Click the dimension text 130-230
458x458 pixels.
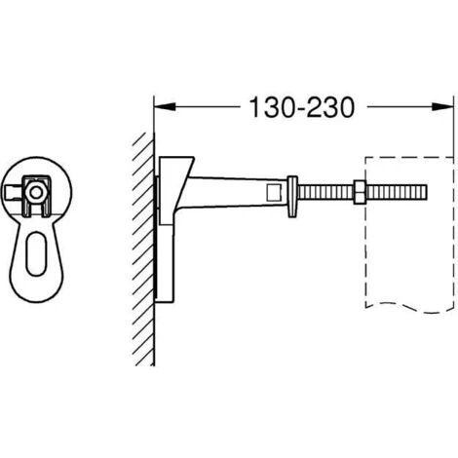tap(301, 107)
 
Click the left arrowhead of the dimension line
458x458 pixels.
tap(165, 106)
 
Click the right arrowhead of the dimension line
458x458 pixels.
tap(442, 106)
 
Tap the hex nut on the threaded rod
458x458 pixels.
tap(360, 192)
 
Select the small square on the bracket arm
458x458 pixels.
tap(273, 192)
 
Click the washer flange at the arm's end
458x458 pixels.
tap(292, 196)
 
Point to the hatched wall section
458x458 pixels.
tap(143, 248)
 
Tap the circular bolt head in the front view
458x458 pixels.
tap(35, 193)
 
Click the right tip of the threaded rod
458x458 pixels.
tap(427, 193)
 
